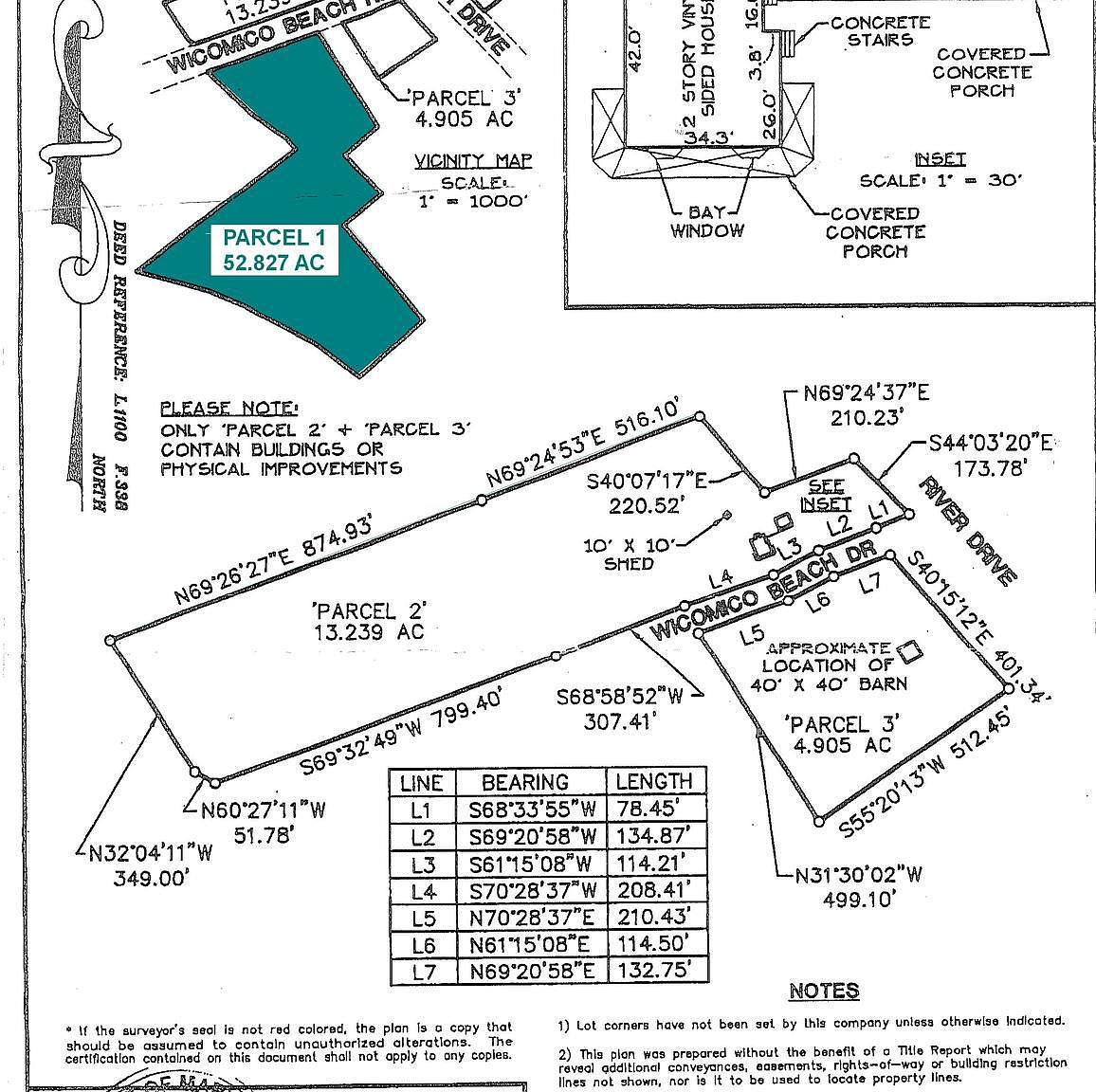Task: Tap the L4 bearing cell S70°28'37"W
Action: (x=531, y=890)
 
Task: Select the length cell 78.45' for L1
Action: (x=654, y=810)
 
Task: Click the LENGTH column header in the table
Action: (x=654, y=781)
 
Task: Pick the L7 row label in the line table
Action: (x=422, y=971)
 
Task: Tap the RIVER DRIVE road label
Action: (x=968, y=531)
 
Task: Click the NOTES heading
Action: (x=823, y=992)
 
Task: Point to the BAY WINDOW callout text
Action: (x=707, y=221)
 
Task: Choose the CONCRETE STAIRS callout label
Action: (x=879, y=30)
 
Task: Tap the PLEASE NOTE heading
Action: (x=228, y=409)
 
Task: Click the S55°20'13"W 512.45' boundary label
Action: (x=926, y=773)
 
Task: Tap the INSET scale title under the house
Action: (x=940, y=160)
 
